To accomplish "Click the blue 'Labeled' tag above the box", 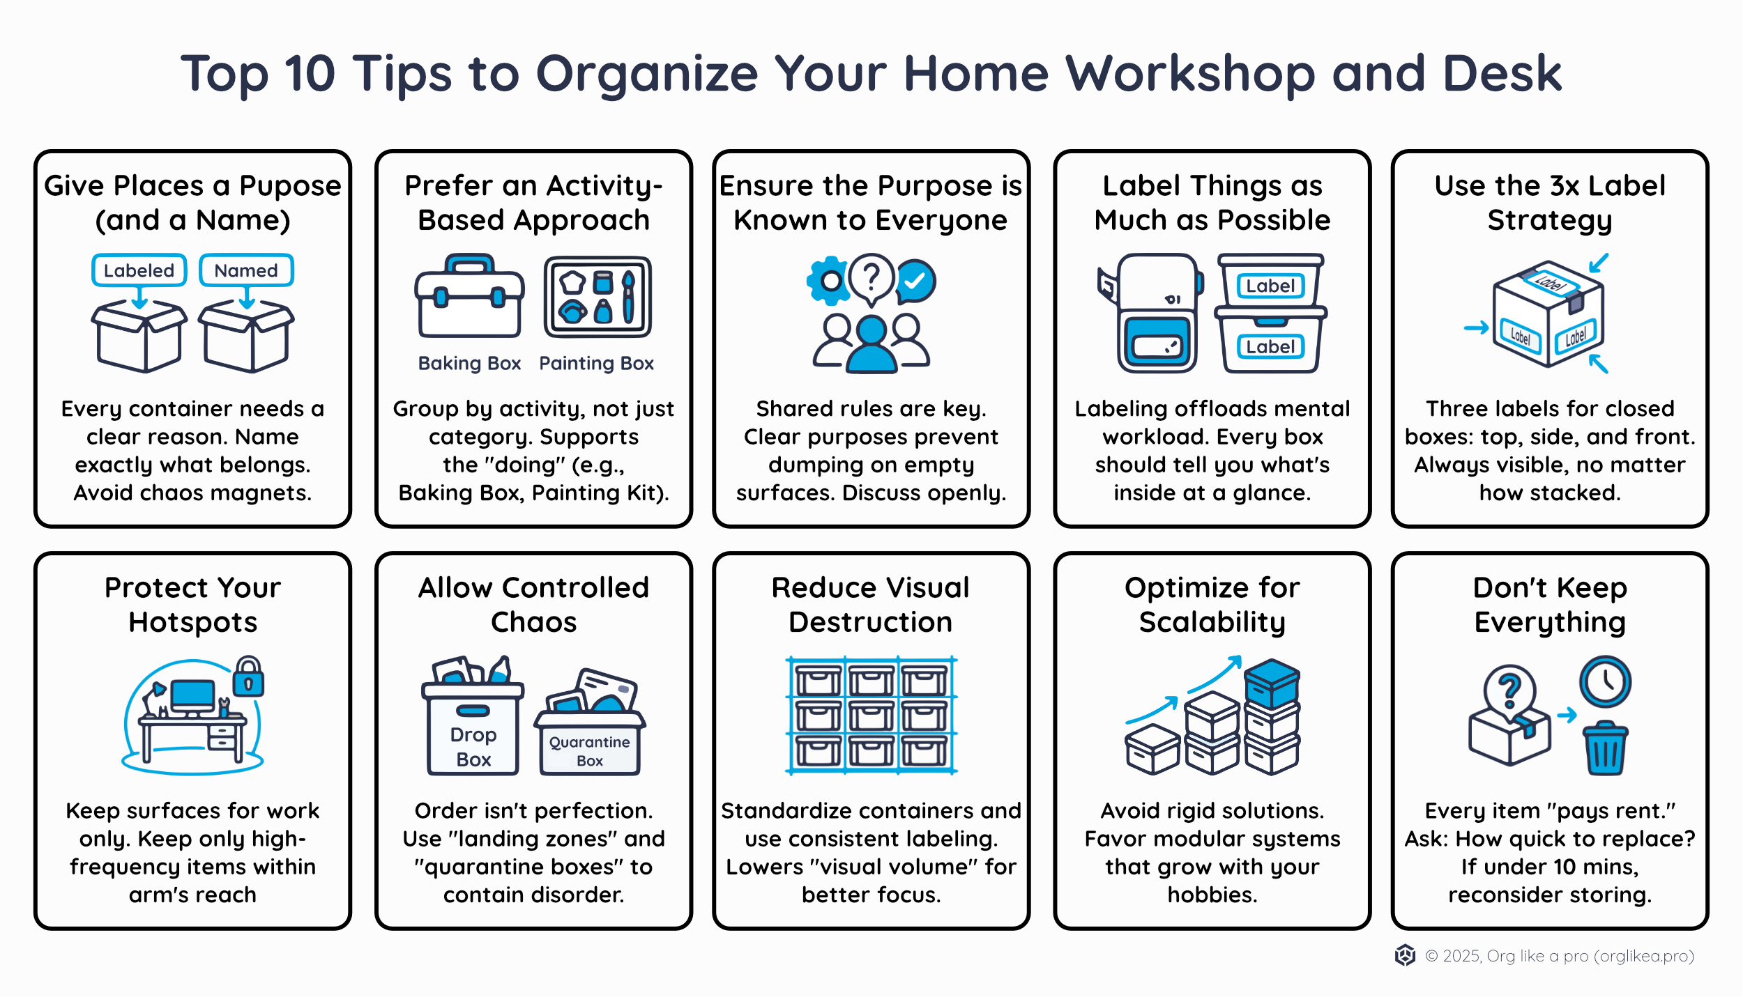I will [139, 270].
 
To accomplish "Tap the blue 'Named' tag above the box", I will [246, 270].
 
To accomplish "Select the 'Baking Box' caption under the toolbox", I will [469, 363].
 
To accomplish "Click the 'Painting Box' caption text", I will [596, 363].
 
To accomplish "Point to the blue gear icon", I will [829, 280].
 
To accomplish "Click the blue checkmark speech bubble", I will [915, 281].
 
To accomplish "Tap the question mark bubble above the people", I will [871, 277].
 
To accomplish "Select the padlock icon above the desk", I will [248, 677].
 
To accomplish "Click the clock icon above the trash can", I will [1605, 681].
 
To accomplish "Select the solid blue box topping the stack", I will [1272, 683].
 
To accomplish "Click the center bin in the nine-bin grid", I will [871, 716].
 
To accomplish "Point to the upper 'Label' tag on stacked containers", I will [1270, 286].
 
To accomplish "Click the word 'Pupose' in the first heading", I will [290, 186].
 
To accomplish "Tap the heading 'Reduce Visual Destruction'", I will [871, 605].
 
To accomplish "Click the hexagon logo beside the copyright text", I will [1405, 955].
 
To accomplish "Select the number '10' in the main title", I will [310, 73].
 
